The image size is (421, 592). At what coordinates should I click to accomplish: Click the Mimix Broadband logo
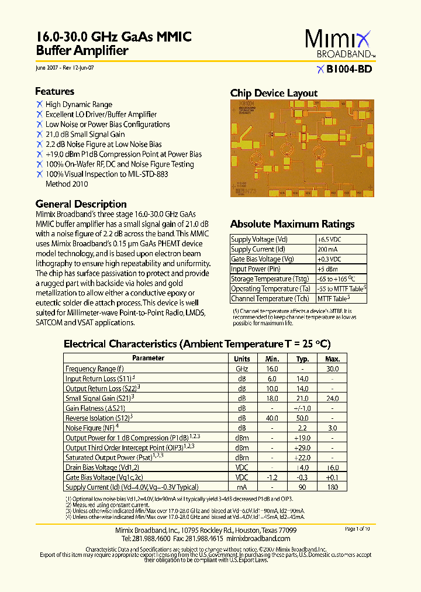click(338, 44)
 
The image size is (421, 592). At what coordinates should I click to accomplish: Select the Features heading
click(54, 91)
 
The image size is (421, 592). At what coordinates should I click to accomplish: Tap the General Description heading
click(81, 204)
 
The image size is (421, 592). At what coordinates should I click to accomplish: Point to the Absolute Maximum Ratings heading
click(292, 224)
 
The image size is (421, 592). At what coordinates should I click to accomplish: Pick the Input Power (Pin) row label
click(256, 269)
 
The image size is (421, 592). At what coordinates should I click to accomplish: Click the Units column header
click(242, 359)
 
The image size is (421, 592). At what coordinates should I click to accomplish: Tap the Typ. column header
click(302, 359)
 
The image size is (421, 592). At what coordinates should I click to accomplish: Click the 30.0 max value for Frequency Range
click(332, 369)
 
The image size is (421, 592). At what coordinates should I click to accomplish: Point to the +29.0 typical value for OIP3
click(302, 448)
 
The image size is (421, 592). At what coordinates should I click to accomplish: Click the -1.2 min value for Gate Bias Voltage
click(272, 477)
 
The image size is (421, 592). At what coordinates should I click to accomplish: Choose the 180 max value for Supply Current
click(332, 487)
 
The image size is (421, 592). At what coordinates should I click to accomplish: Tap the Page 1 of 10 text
click(357, 529)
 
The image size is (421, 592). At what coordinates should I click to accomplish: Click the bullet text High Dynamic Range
click(79, 105)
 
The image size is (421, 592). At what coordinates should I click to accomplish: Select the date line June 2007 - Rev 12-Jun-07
click(65, 68)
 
